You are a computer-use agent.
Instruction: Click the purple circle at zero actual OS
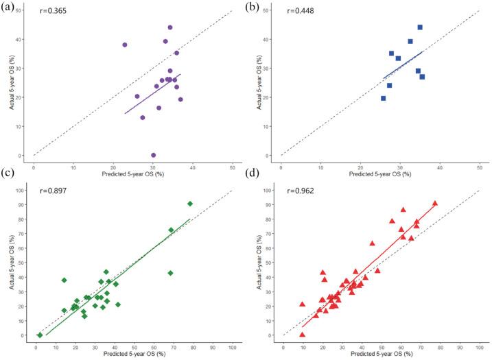(153, 155)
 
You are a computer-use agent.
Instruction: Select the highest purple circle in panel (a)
(170, 27)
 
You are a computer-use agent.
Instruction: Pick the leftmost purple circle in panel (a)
(125, 45)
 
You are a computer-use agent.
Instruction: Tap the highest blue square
(420, 27)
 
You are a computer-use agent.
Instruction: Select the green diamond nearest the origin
(40, 335)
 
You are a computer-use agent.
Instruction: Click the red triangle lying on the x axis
(302, 334)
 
